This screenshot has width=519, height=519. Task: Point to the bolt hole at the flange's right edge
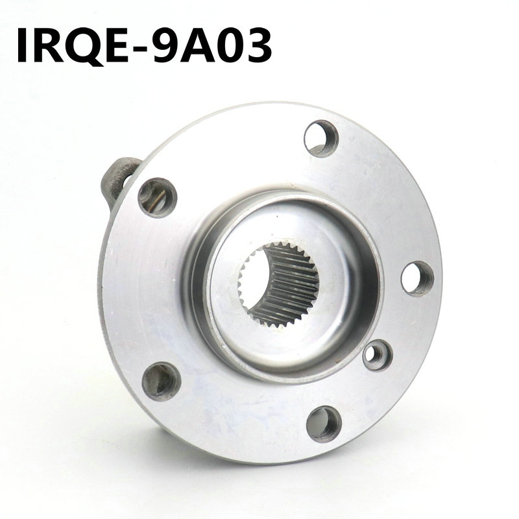(x=416, y=278)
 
